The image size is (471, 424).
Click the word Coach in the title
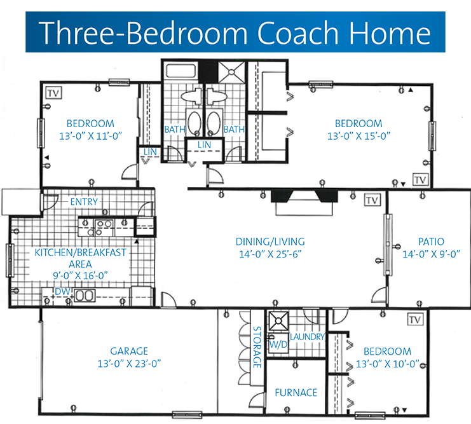point(299,33)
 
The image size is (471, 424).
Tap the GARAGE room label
point(129,351)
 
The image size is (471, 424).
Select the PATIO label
point(431,242)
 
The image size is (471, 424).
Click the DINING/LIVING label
point(270,242)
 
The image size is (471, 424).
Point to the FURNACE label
point(296,392)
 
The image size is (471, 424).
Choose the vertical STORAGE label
point(257,347)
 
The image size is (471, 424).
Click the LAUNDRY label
point(307,337)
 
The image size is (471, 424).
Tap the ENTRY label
point(84,202)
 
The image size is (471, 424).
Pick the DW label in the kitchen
point(62,291)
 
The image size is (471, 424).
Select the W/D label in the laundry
point(278,345)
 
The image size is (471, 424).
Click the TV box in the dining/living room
point(372,200)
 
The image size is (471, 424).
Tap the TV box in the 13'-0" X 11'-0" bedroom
point(54,93)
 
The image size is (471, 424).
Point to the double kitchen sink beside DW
point(85,296)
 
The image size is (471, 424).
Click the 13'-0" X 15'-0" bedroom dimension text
point(358,136)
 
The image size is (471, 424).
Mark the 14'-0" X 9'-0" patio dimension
point(431,254)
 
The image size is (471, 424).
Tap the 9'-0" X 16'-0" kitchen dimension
point(80,275)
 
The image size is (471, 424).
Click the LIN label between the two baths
point(204,145)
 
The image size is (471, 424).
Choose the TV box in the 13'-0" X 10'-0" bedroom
point(415,319)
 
